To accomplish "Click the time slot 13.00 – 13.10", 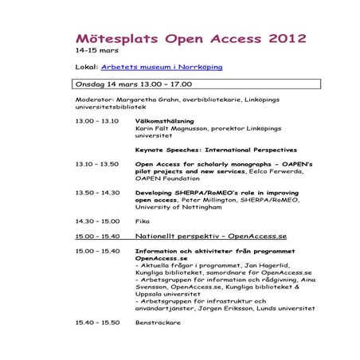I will tap(96, 121).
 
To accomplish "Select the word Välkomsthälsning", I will tap(159, 121).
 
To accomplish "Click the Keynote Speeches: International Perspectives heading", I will tap(205, 150).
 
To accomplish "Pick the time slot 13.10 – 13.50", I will tap(96, 164).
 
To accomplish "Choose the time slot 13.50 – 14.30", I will tap(96, 192).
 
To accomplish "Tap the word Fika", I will tap(143, 221).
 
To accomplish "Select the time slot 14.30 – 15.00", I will tap(96, 221).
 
